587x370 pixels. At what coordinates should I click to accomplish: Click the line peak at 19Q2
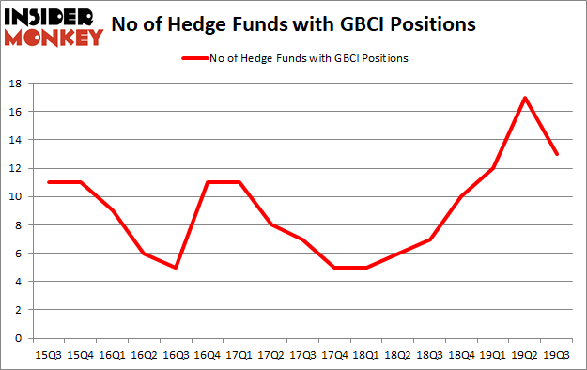click(x=524, y=97)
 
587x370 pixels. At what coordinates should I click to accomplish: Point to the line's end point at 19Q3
click(x=557, y=154)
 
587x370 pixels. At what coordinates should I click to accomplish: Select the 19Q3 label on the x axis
click(x=557, y=354)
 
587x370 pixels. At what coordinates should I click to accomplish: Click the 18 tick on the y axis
click(x=16, y=84)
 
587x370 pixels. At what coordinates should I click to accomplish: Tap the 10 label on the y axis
click(x=16, y=196)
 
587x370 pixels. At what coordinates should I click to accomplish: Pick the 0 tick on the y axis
click(x=19, y=338)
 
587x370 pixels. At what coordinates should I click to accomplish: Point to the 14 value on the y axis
click(x=16, y=140)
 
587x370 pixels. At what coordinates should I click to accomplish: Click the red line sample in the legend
click(x=201, y=58)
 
